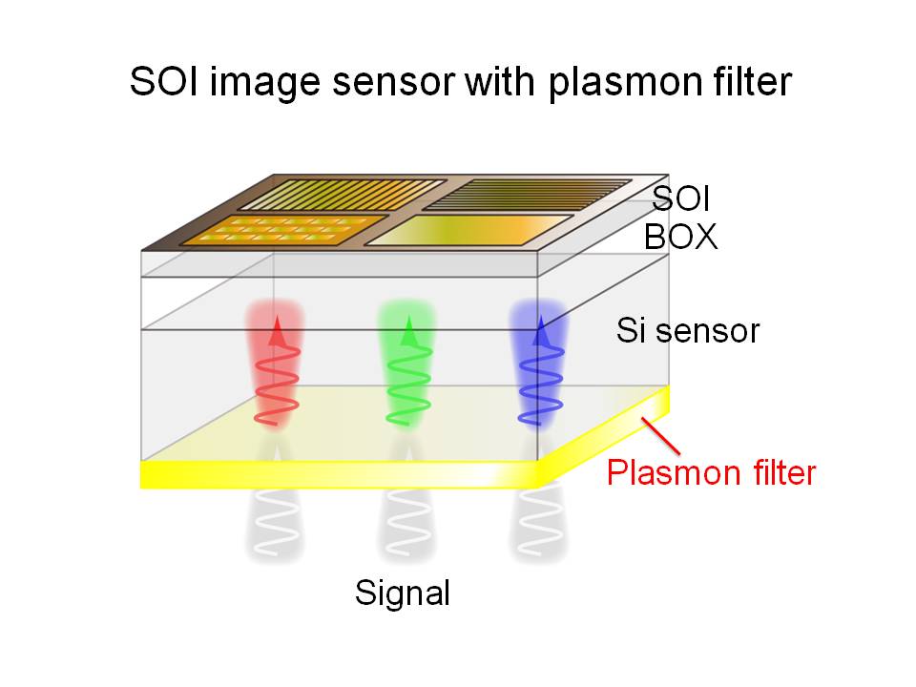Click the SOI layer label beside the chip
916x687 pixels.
681,199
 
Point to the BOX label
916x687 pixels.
680,236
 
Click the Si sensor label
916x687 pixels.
687,331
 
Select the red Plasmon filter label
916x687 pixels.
712,471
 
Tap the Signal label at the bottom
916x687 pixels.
402,593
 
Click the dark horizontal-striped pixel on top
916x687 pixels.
527,195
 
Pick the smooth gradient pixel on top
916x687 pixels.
469,230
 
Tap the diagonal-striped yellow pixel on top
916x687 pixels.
342,194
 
